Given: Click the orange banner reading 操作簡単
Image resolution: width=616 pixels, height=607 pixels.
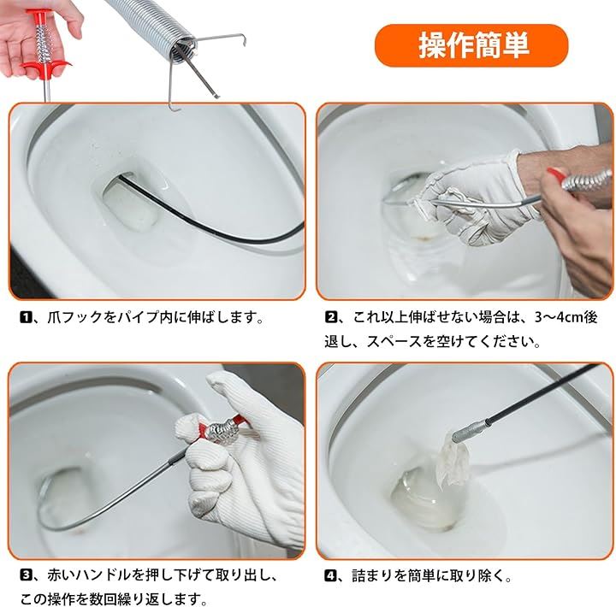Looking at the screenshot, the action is coord(471,45).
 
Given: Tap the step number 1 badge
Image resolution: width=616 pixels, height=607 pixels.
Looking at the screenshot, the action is coord(26,316).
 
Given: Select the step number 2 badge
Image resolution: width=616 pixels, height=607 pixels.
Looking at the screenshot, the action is coord(331,317).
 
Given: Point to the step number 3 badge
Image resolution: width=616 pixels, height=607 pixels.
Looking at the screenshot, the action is coord(26,576).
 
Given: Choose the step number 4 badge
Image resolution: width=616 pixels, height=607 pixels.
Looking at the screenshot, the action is coord(330,576).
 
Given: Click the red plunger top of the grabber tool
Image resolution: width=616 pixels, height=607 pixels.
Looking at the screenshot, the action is coord(38,17).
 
